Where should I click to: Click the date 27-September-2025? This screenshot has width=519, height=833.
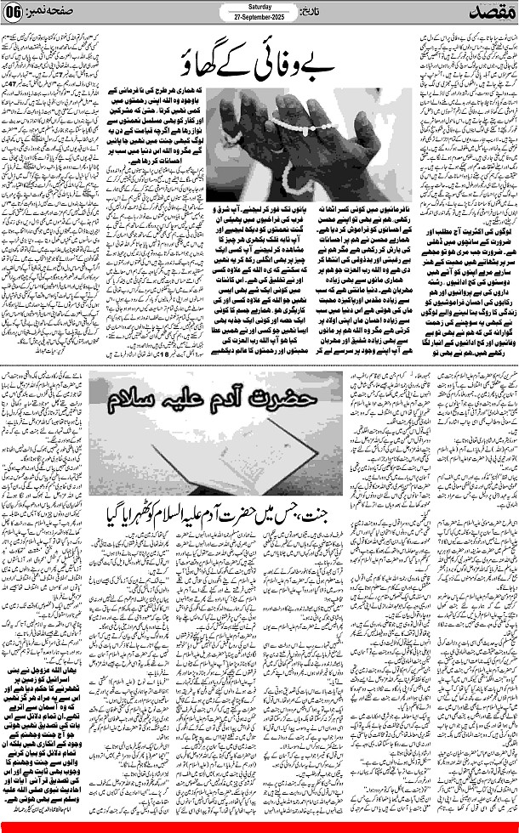tap(259, 20)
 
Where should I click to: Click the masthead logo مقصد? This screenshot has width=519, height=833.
tap(486, 14)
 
